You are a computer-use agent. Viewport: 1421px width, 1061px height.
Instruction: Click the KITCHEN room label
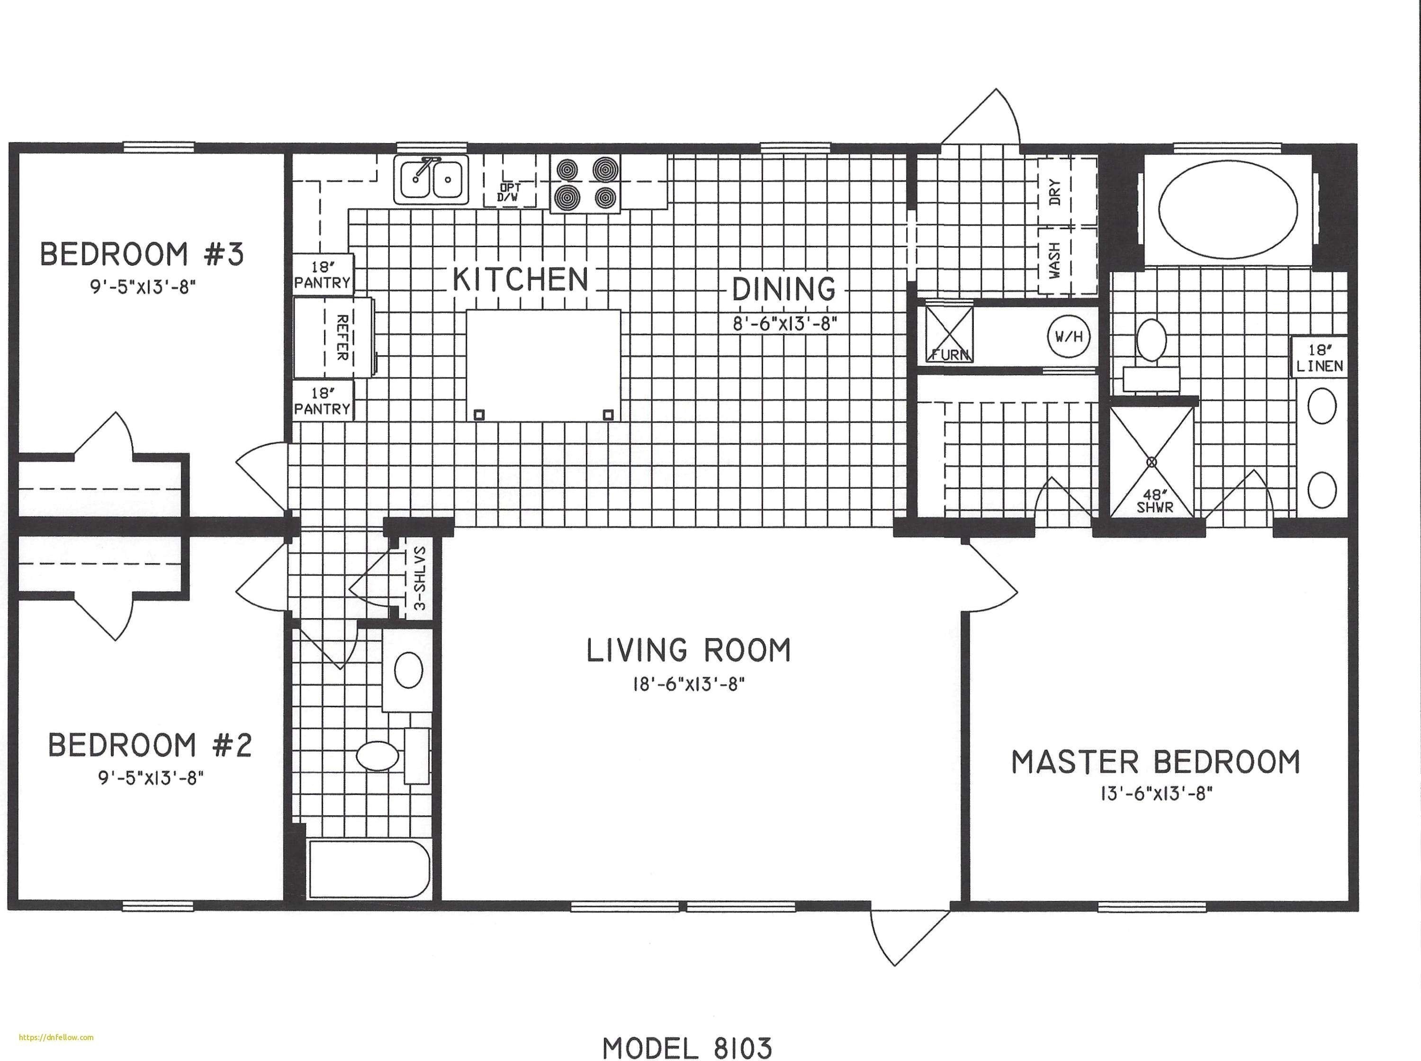[520, 279]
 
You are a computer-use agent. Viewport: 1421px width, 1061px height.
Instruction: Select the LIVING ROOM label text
[688, 651]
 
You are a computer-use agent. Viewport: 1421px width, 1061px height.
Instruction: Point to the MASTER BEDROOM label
[1156, 762]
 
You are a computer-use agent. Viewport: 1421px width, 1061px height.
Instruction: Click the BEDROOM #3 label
[142, 254]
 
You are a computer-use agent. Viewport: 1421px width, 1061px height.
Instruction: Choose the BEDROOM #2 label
[150, 745]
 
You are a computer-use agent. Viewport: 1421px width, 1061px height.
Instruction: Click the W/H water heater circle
[1069, 336]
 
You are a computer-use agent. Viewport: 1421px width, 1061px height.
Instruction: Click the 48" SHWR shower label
[1154, 501]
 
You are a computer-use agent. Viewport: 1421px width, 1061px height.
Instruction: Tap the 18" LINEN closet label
[1320, 359]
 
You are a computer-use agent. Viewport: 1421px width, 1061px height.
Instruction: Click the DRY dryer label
[1055, 191]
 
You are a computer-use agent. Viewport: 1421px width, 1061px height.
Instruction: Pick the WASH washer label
[1055, 260]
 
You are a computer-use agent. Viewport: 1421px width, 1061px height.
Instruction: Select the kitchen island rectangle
[543, 365]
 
